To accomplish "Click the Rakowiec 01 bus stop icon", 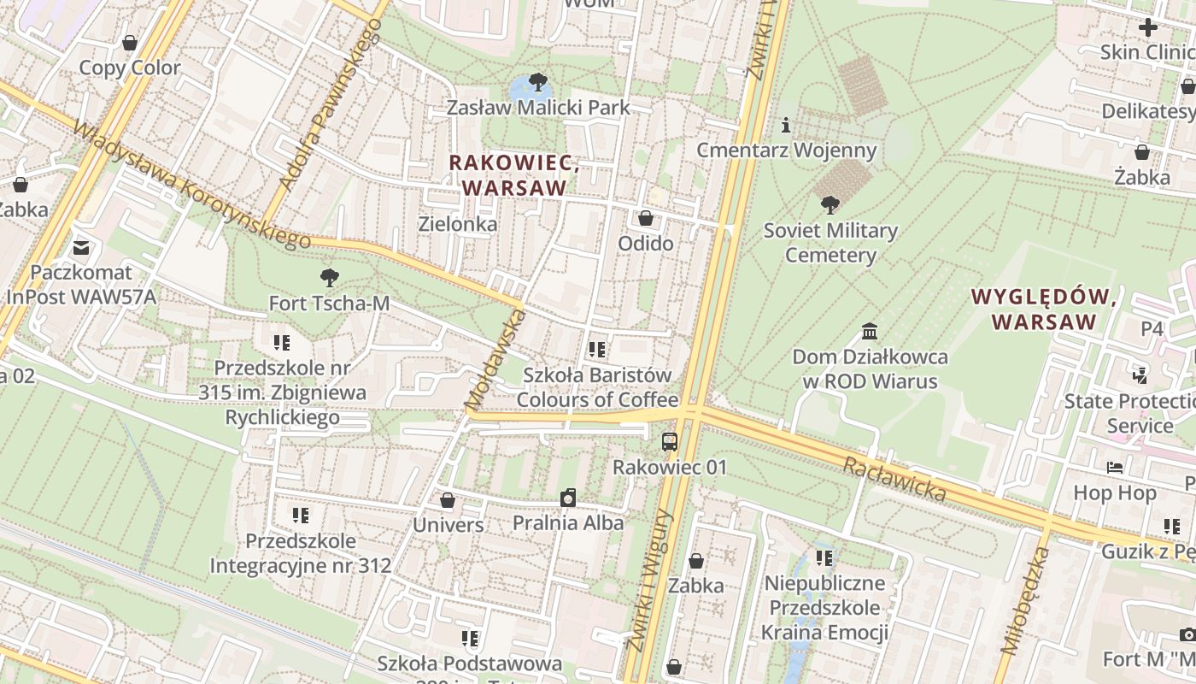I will pyautogui.click(x=670, y=442).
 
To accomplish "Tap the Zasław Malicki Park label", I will pyautogui.click(x=538, y=108).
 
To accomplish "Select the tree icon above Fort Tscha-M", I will pyautogui.click(x=328, y=278).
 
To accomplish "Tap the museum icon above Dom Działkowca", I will pyautogui.click(x=870, y=331).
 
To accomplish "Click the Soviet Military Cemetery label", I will pyautogui.click(x=830, y=243).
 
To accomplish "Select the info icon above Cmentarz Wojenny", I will pyautogui.click(x=786, y=126).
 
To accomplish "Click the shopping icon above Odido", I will pyautogui.click(x=646, y=218).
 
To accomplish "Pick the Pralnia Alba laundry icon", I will pyautogui.click(x=568, y=498).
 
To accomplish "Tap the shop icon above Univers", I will pyautogui.click(x=448, y=500).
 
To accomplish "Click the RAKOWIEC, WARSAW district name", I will pyautogui.click(x=513, y=174).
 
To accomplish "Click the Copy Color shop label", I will pyautogui.click(x=130, y=68).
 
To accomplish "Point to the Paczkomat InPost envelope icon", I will pyautogui.click(x=81, y=248).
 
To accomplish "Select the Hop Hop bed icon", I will pyautogui.click(x=1115, y=468).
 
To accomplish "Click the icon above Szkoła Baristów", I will pyautogui.click(x=597, y=349).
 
